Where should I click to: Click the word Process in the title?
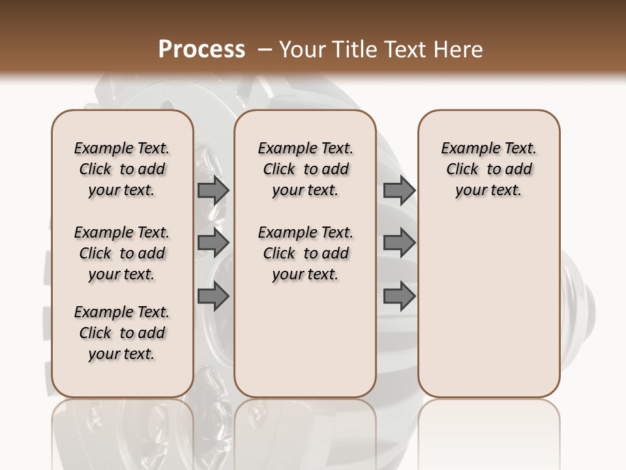coord(201,50)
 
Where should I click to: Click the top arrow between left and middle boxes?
coord(213,190)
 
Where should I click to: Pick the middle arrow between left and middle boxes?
coord(213,243)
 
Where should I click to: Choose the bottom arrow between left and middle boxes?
coord(213,296)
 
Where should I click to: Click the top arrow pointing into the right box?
coord(399,190)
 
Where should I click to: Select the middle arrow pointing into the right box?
coord(399,243)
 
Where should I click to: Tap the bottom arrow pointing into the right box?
coord(399,296)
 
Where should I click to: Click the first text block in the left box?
coord(122,169)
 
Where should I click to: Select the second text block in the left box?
coord(122,253)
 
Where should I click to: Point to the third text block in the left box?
coord(122,333)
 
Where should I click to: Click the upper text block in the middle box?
coord(305,169)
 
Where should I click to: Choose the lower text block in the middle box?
coord(305,253)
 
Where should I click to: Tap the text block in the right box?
coord(488,169)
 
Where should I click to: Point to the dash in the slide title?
coord(264,50)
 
